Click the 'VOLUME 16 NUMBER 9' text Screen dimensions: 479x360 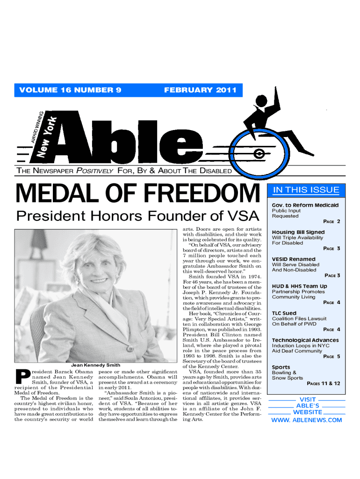[68, 90]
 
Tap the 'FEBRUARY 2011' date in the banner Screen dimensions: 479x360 [200, 90]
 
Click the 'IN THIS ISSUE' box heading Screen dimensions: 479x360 [306, 189]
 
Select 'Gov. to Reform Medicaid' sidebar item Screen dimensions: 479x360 [305, 205]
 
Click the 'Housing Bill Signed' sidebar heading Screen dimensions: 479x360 [298, 232]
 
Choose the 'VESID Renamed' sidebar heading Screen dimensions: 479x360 [294, 259]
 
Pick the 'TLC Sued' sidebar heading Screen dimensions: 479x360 [284, 313]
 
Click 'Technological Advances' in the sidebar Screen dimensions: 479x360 [305, 340]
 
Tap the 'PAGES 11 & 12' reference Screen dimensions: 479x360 [323, 384]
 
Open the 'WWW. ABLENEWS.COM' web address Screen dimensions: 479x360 [307, 420]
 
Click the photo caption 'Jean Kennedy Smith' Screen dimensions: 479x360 [95, 365]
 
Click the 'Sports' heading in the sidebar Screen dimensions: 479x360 [281, 367]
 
